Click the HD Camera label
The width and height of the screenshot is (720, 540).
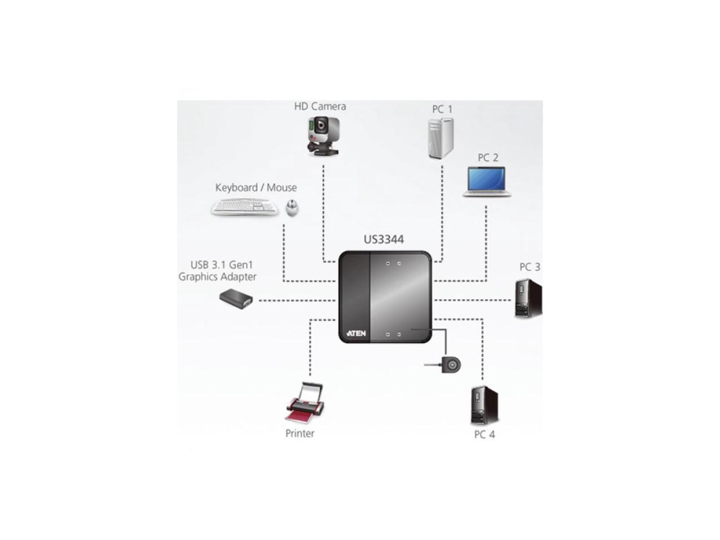point(319,106)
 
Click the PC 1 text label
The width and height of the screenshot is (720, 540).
point(442,109)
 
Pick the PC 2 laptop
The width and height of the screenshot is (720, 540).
point(487,182)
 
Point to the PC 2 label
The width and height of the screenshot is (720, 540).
point(488,157)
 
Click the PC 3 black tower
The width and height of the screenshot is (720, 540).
point(528,299)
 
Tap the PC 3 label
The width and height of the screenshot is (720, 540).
point(529,267)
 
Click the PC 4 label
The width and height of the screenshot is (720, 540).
point(484,434)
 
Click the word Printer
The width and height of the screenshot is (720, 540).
point(300,433)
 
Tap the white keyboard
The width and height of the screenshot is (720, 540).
point(245,208)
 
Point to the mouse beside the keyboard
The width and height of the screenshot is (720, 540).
point(291,208)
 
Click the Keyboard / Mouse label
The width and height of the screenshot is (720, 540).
point(256,187)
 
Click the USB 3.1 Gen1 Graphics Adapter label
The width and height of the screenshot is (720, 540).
point(218,271)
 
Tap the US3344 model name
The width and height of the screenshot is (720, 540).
point(384,239)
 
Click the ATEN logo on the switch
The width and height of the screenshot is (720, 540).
point(357,334)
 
